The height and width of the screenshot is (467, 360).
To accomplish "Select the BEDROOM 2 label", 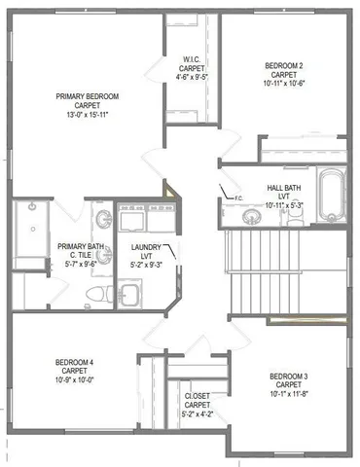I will tap(285, 66).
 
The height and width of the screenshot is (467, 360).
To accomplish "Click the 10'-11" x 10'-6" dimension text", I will tap(285, 84).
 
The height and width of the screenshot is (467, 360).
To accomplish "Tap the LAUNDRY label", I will tap(147, 248).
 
